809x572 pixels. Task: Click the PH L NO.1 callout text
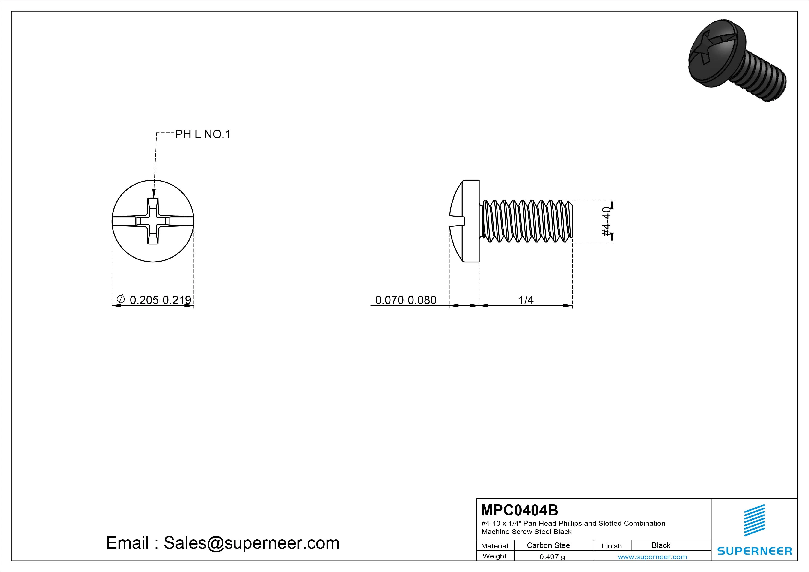click(203, 134)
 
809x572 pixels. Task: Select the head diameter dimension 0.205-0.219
click(160, 300)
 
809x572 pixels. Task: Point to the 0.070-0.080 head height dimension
click(406, 300)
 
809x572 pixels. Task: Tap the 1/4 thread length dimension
click(526, 300)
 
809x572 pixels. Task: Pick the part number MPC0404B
click(519, 510)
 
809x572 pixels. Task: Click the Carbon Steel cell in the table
click(549, 545)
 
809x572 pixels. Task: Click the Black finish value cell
click(661, 545)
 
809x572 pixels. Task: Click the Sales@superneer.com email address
click(251, 543)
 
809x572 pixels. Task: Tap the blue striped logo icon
click(754, 520)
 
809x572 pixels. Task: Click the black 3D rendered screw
click(737, 61)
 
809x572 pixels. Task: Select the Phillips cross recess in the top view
click(153, 221)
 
